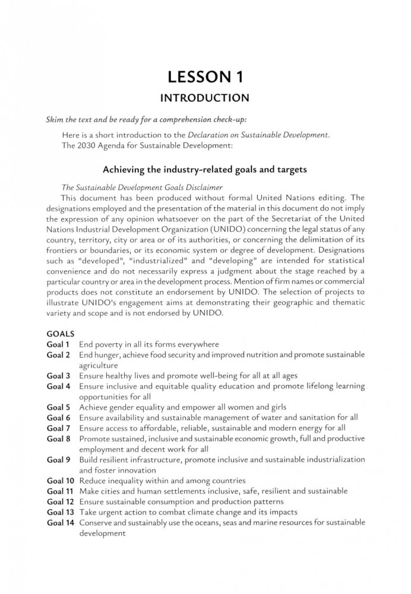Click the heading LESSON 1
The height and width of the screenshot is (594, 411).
(205, 77)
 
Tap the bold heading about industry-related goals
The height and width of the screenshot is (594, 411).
(205, 169)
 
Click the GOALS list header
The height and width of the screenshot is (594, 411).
(61, 334)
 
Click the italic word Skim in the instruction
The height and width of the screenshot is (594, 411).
(55, 119)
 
